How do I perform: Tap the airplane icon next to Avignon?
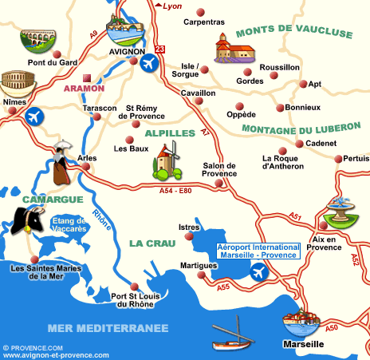[148, 62]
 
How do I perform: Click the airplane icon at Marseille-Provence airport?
[258, 273]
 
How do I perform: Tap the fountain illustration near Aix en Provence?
[337, 213]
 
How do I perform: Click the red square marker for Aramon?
[100, 78]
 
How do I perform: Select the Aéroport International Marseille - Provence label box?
[259, 251]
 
